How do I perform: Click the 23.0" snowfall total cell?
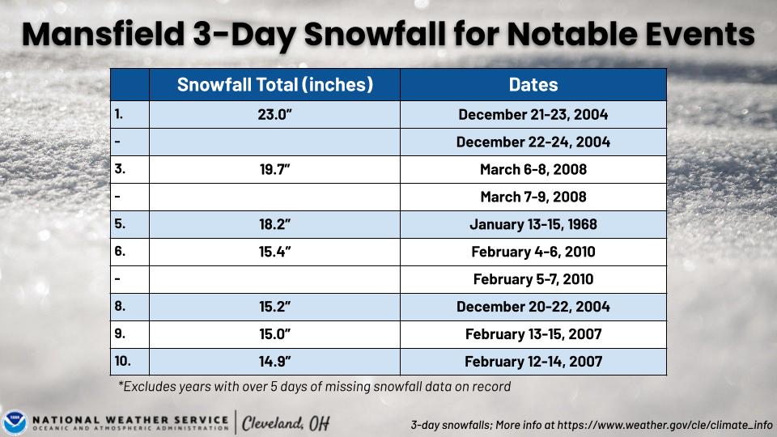coord(274,115)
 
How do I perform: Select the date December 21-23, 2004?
coord(533,115)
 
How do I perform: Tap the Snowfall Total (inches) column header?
coord(274,85)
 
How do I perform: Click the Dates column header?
coord(533,85)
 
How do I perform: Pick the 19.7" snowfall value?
coord(274,170)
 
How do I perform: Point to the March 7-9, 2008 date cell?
coord(533,197)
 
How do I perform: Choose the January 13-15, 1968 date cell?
coord(533,225)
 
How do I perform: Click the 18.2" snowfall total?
coord(274,225)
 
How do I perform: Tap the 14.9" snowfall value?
coord(274,361)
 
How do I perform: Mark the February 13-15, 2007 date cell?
coord(533,333)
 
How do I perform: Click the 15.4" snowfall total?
coord(274,252)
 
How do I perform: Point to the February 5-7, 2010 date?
coord(533,280)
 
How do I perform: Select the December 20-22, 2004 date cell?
coord(533,308)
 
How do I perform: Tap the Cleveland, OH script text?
coord(286,422)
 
